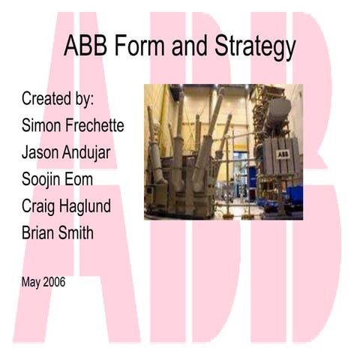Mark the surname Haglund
(91, 206)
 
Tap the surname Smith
(78, 233)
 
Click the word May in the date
(31, 283)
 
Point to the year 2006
(55, 283)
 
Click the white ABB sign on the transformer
(283, 154)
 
